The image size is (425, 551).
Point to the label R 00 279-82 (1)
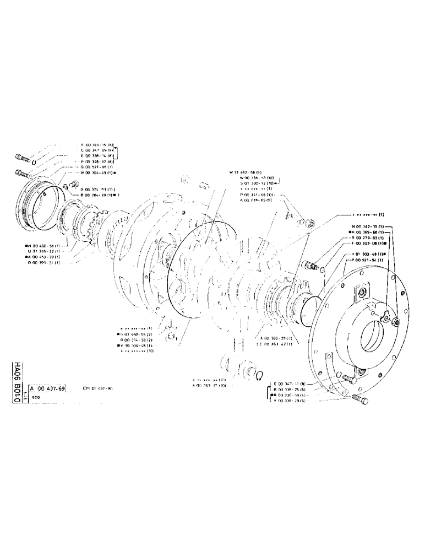[368, 237]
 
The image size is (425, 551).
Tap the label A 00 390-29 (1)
[274, 337]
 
